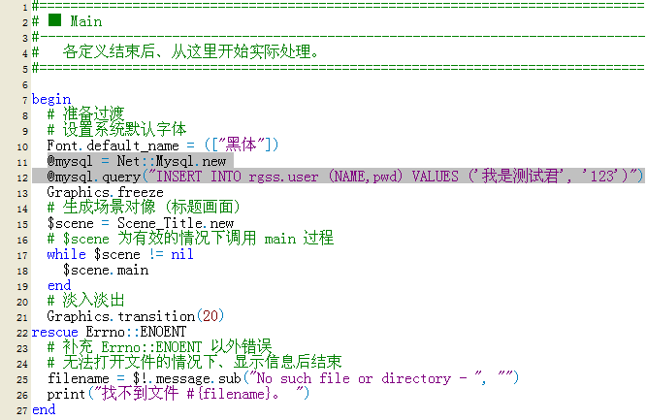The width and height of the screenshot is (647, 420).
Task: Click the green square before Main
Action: [x=54, y=19]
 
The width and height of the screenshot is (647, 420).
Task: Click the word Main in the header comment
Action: [x=85, y=21]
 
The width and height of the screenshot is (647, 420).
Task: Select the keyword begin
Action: [x=51, y=100]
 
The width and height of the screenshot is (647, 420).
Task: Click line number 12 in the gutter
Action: [x=22, y=178]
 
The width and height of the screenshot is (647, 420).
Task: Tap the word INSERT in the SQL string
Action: [x=178, y=177]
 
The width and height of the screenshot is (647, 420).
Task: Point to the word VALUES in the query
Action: [x=435, y=177]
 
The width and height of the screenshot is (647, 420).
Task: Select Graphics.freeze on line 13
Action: [x=105, y=192]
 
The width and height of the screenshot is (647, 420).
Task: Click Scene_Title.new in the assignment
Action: [x=176, y=223]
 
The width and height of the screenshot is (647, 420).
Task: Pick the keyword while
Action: [x=66, y=254]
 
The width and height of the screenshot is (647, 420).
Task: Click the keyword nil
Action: [x=182, y=254]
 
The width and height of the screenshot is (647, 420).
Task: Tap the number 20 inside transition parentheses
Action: [x=210, y=316]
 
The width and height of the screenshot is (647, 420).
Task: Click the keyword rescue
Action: [x=55, y=332]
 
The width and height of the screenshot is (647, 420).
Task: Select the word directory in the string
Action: [x=416, y=378]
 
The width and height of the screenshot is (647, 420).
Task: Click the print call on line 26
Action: [x=66, y=394]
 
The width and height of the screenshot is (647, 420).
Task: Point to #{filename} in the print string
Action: [x=229, y=394]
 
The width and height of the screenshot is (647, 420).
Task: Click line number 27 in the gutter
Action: [x=22, y=410]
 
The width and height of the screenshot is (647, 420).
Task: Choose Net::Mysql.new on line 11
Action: [x=172, y=161]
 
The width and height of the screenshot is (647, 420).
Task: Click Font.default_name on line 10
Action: [x=113, y=145]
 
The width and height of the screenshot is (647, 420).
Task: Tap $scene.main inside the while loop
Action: [x=106, y=270]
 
